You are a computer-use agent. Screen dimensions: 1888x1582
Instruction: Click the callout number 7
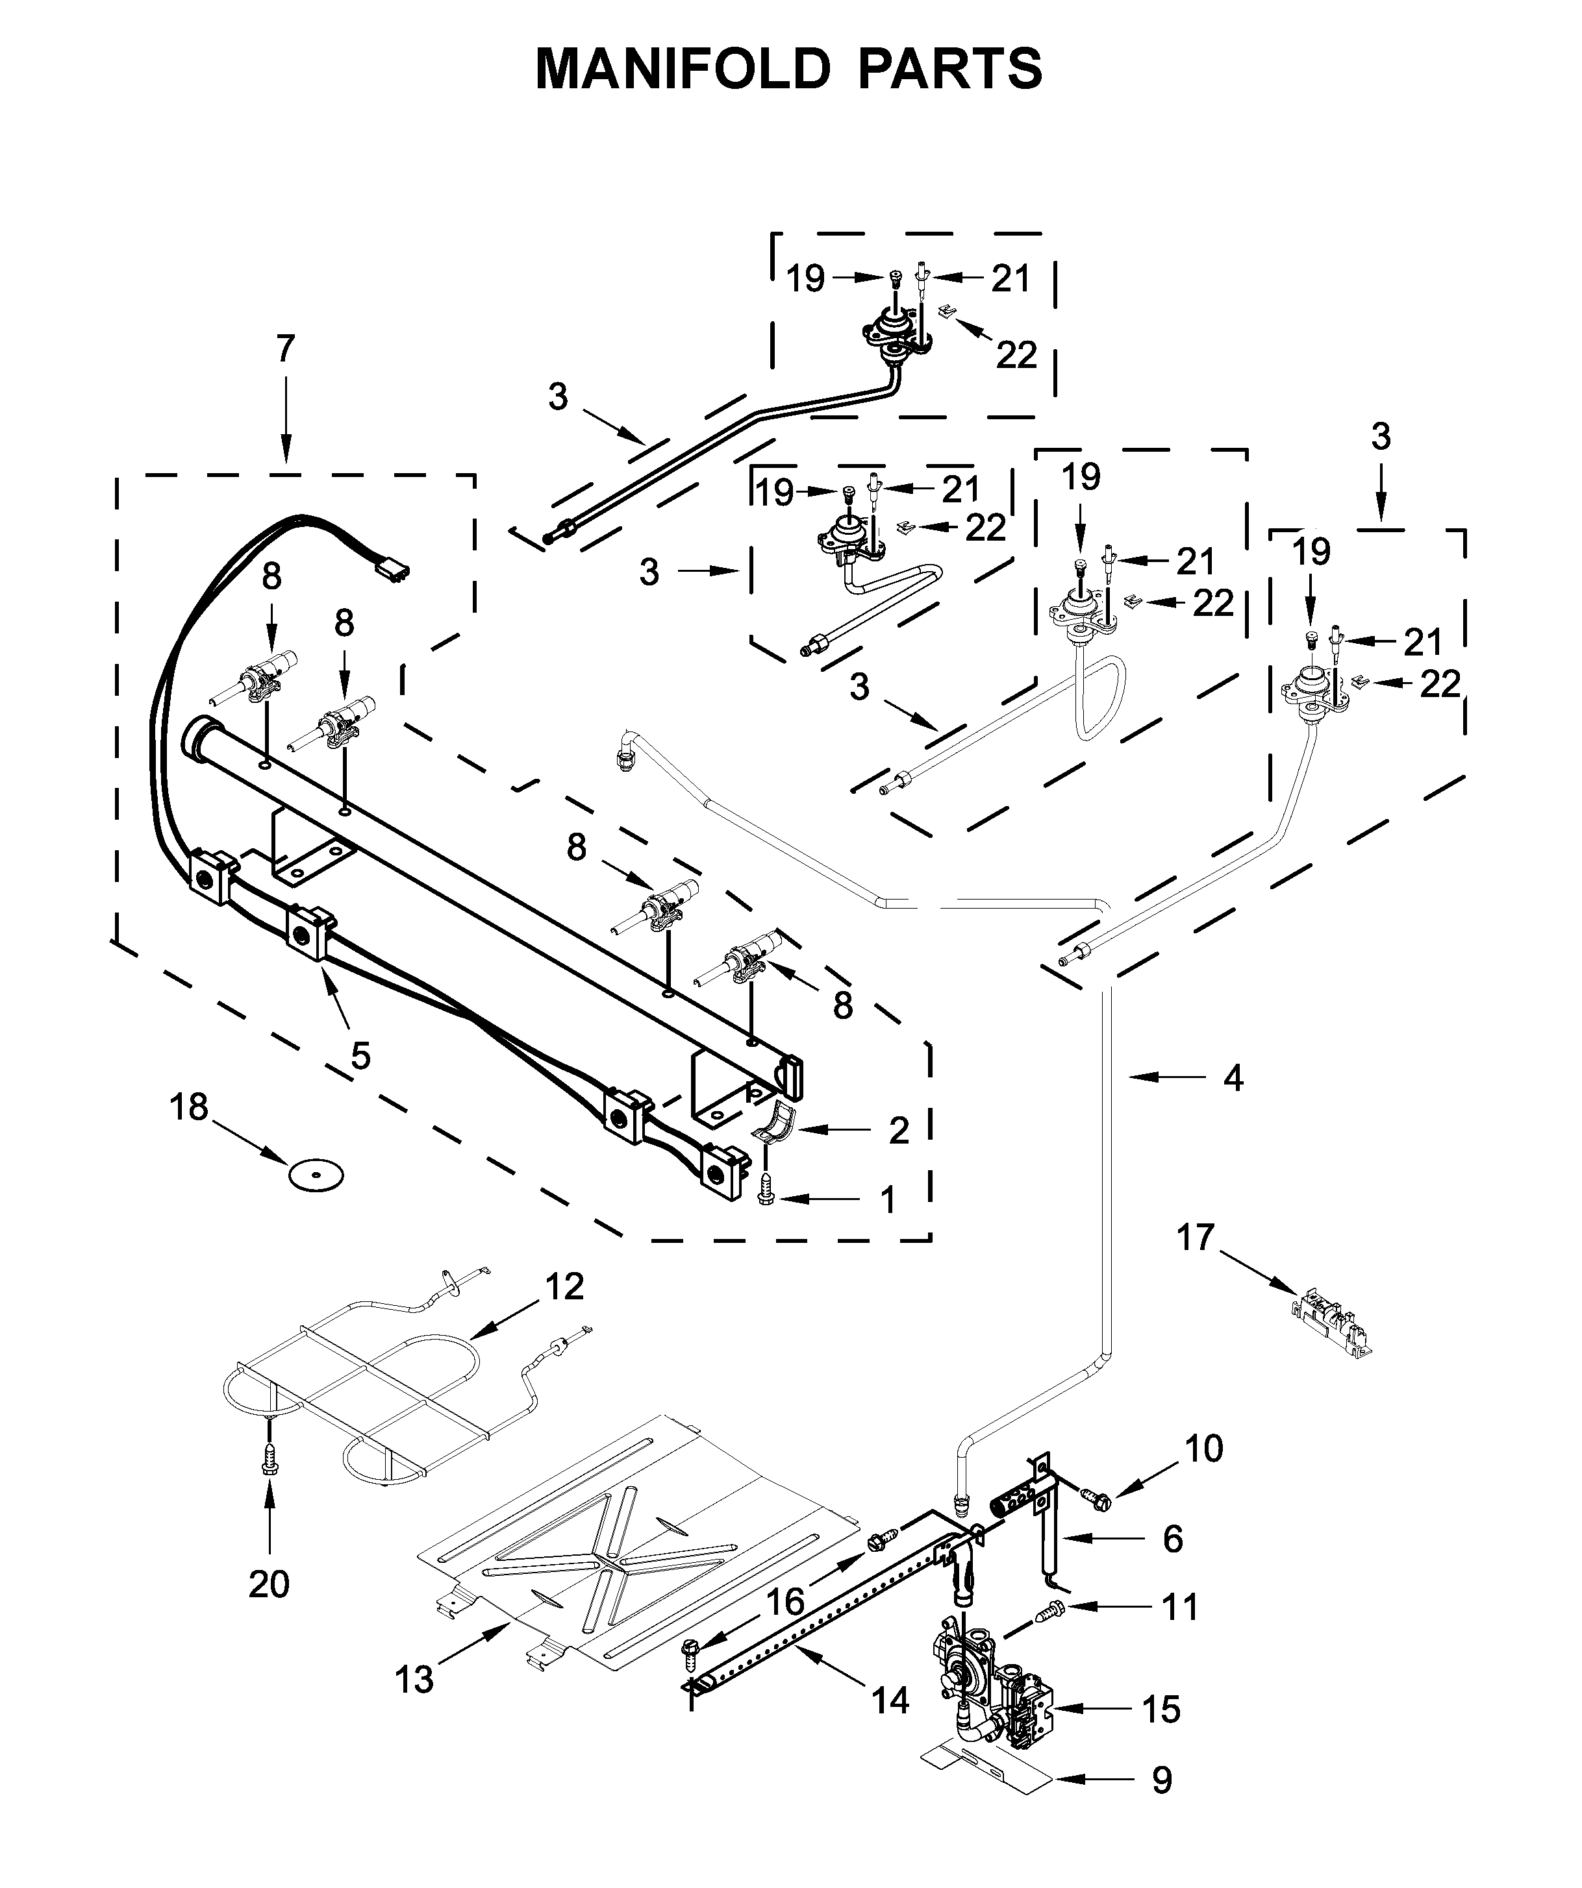285,348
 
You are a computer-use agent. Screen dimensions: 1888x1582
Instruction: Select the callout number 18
189,1108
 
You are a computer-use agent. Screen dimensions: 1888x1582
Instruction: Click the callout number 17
1196,1238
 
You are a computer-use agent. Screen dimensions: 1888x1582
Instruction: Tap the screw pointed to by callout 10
1098,1498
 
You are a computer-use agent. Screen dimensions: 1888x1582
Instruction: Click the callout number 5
360,1057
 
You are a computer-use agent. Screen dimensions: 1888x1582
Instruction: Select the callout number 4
1233,1078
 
